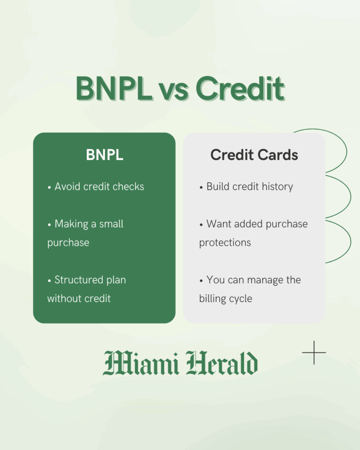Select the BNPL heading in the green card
pyautogui.click(x=104, y=155)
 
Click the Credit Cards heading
pyautogui.click(x=254, y=155)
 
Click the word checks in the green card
pyautogui.click(x=127, y=186)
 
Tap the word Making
pyautogui.click(x=70, y=224)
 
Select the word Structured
pyautogui.click(x=79, y=280)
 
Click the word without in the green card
pyautogui.click(x=62, y=299)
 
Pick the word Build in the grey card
pyautogui.click(x=218, y=186)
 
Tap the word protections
pyautogui.click(x=225, y=243)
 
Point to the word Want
pyautogui.click(x=218, y=224)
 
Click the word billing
pyautogui.click(x=213, y=299)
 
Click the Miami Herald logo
pyautogui.click(x=180, y=363)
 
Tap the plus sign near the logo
pyautogui.click(x=314, y=352)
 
